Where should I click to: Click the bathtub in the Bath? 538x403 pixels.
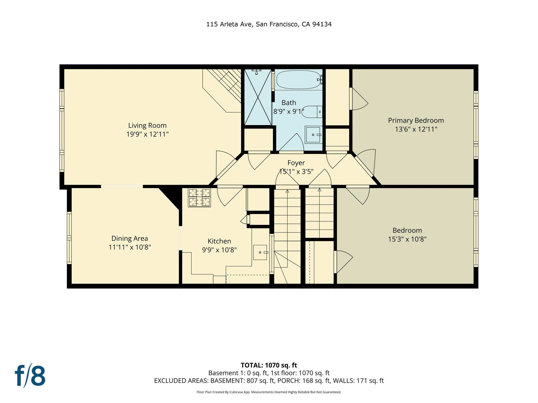(x=298, y=79)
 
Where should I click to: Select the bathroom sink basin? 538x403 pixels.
(x=313, y=135)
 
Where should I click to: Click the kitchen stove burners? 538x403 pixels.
(x=199, y=198)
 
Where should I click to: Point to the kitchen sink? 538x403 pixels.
(x=260, y=252)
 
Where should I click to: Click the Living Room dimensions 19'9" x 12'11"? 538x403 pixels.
(x=147, y=134)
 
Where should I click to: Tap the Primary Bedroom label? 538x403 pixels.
(x=416, y=120)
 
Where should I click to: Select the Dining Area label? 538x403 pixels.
(x=130, y=238)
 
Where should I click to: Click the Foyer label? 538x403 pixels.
(x=296, y=163)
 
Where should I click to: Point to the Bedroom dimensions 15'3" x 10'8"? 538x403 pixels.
(x=407, y=239)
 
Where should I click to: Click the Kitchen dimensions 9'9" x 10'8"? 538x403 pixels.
(x=219, y=250)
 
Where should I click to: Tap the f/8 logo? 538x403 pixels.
(x=30, y=375)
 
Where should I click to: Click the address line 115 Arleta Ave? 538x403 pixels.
(x=269, y=24)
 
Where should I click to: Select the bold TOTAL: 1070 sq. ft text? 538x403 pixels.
(x=269, y=365)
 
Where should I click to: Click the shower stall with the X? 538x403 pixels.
(x=258, y=97)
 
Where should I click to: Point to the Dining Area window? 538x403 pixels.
(x=69, y=238)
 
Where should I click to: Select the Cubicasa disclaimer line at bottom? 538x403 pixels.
(x=269, y=392)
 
